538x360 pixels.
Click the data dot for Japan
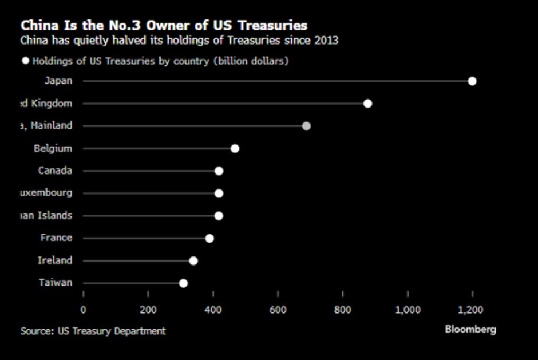472,81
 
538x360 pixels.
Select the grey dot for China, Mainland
306,126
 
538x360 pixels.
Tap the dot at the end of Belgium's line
235,149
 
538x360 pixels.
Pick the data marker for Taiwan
183,283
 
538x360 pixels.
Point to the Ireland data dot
193,261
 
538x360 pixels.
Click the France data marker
209,238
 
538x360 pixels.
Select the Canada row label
55,171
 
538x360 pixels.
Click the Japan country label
58,81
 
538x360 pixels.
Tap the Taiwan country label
56,283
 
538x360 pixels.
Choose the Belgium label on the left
53,148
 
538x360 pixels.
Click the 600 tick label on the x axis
278,310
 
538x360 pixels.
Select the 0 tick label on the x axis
84,310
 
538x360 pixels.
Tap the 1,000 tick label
407,310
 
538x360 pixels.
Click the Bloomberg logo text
470,329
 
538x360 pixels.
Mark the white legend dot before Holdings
25,61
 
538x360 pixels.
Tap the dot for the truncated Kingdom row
367,104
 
